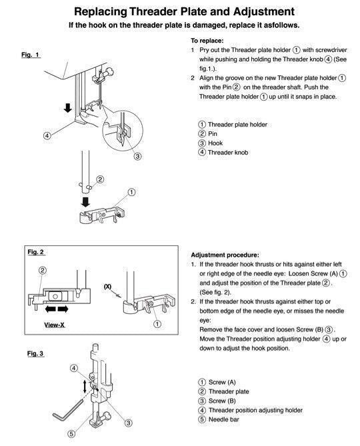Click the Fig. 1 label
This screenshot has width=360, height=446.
point(30,54)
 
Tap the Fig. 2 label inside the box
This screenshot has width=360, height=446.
point(35,252)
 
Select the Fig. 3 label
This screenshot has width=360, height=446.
point(35,353)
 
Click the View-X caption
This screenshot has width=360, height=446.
point(54,325)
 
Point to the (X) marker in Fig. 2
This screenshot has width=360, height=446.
point(107,287)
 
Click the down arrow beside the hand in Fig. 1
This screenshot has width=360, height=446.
point(68,107)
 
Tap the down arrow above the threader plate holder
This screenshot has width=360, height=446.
point(85,202)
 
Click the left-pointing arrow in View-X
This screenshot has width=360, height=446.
point(51,309)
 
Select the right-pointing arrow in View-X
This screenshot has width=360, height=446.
point(63,309)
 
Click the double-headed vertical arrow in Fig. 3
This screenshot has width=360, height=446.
point(85,386)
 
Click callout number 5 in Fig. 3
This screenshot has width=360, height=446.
point(71,434)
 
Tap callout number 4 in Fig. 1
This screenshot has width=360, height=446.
point(47,135)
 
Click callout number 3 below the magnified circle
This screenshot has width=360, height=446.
point(137,156)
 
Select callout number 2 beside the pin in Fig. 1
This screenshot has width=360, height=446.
point(100,179)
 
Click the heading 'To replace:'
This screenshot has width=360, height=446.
point(207,41)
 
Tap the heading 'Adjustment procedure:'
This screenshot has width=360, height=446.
point(225,255)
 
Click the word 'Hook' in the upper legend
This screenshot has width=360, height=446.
point(215,143)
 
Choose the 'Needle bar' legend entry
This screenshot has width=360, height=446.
point(224,419)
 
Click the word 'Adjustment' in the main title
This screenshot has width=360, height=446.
point(264,11)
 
